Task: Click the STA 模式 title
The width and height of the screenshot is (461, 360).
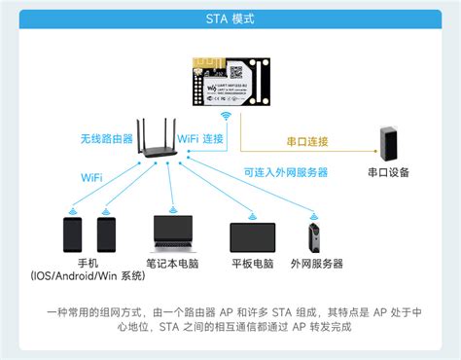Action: coord(230,19)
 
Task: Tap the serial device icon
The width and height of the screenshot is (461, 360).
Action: coord(391,141)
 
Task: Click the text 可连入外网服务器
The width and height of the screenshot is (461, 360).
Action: coord(285,172)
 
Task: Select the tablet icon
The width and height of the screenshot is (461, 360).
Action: coord(253,237)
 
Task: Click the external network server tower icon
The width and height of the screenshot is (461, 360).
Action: coord(315,237)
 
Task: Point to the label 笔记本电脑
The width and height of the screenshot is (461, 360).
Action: coord(173,264)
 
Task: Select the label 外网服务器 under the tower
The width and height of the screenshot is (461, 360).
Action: coord(316,264)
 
